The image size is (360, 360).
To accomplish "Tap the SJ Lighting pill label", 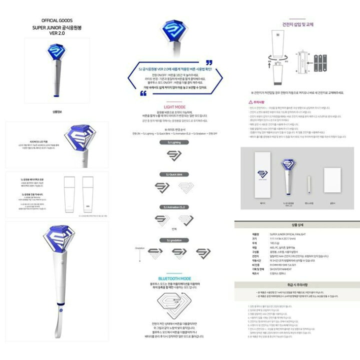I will [x=180, y=142].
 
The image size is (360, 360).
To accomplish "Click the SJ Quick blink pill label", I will [x=180, y=174].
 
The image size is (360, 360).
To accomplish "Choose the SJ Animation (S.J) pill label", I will [x=180, y=206].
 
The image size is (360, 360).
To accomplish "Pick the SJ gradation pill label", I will [x=180, y=240].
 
